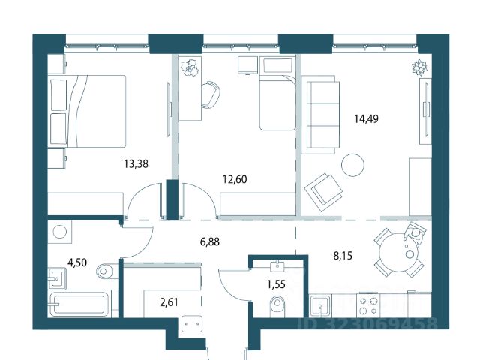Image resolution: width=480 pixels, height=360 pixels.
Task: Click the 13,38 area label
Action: click(x=136, y=164)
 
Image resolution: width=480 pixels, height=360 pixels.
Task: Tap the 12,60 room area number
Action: click(x=235, y=179)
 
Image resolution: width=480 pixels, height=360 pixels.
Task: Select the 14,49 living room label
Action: click(x=367, y=118)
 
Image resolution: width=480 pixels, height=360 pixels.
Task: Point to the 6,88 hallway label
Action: click(x=210, y=241)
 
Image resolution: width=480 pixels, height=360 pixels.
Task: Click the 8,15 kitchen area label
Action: click(x=343, y=255)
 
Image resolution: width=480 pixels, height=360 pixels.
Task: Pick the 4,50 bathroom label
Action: click(x=77, y=262)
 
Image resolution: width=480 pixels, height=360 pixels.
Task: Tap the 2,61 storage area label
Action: click(x=169, y=302)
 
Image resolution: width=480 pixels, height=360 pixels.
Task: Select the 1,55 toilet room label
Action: click(x=276, y=284)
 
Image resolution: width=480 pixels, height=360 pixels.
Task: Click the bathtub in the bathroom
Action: click(x=79, y=304)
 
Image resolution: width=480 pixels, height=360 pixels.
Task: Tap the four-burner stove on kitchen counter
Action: click(x=368, y=306)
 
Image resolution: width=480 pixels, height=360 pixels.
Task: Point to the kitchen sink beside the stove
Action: click(x=320, y=306)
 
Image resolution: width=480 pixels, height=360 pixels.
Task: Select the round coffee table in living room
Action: click(x=352, y=165)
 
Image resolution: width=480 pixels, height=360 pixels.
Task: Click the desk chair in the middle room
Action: click(x=211, y=94)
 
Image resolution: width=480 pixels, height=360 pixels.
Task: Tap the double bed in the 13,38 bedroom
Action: click(x=87, y=111)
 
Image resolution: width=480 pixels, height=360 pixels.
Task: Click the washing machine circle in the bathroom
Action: click(x=60, y=232)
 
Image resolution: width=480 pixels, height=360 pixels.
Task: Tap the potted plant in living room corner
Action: click(x=419, y=67)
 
